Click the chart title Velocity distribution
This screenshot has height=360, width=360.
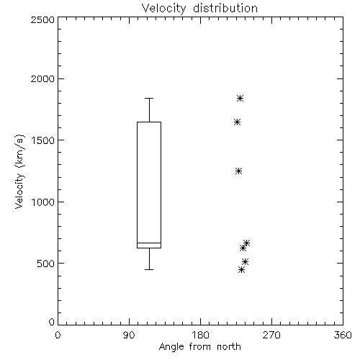coord(199,9)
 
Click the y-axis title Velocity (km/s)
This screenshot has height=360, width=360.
coord(19,171)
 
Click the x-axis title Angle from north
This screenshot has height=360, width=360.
coord(199,347)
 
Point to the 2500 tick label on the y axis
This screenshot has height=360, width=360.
coord(42,19)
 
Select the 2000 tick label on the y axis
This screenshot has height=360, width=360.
coord(42,78)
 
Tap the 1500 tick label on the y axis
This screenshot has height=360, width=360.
coord(43,140)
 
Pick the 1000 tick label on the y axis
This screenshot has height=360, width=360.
coord(43,202)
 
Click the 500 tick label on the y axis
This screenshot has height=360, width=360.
coord(46,264)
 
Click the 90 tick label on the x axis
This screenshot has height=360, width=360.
coord(129,335)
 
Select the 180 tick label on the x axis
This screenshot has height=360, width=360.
coord(200,335)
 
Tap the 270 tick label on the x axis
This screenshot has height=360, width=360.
coord(271,335)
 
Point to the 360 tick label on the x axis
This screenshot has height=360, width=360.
coord(343,335)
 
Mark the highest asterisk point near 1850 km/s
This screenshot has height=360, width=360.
coord(240,98)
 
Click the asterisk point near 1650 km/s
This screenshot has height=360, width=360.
coord(237,122)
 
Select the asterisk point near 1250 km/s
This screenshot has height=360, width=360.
coord(238,171)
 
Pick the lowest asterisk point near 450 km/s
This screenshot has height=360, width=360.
coord(241,270)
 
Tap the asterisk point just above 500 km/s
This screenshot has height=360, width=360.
coord(245,261)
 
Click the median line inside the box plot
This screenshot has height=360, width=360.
coord(149,243)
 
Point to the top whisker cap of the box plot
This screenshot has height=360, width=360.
coord(149,98)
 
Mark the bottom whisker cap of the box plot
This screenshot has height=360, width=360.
coord(149,269)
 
